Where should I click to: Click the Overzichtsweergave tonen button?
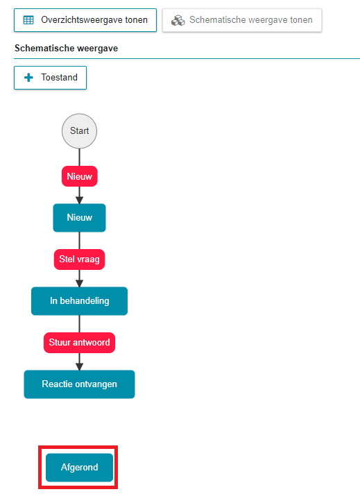coord(85,20)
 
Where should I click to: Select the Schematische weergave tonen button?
coord(242,20)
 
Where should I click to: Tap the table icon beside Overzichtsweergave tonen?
coord(28,20)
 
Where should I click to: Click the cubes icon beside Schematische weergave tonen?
coord(178,20)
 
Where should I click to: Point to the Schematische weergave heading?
coord(66,48)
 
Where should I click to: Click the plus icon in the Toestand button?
coord(28,78)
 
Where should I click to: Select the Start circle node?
coord(79,131)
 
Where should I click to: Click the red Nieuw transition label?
coord(79,176)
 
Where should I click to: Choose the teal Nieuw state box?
coord(79,218)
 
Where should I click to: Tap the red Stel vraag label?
coord(79,259)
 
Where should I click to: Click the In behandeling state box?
coord(79,301)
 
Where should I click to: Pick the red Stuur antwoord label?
coord(79,343)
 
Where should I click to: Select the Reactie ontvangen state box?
coord(79,384)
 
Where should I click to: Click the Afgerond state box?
coord(79,468)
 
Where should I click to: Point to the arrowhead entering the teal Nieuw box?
coord(79,200)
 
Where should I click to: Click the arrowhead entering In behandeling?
coord(79,283)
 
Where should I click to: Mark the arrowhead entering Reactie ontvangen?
coord(79,366)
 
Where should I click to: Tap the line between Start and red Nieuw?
coord(79,157)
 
